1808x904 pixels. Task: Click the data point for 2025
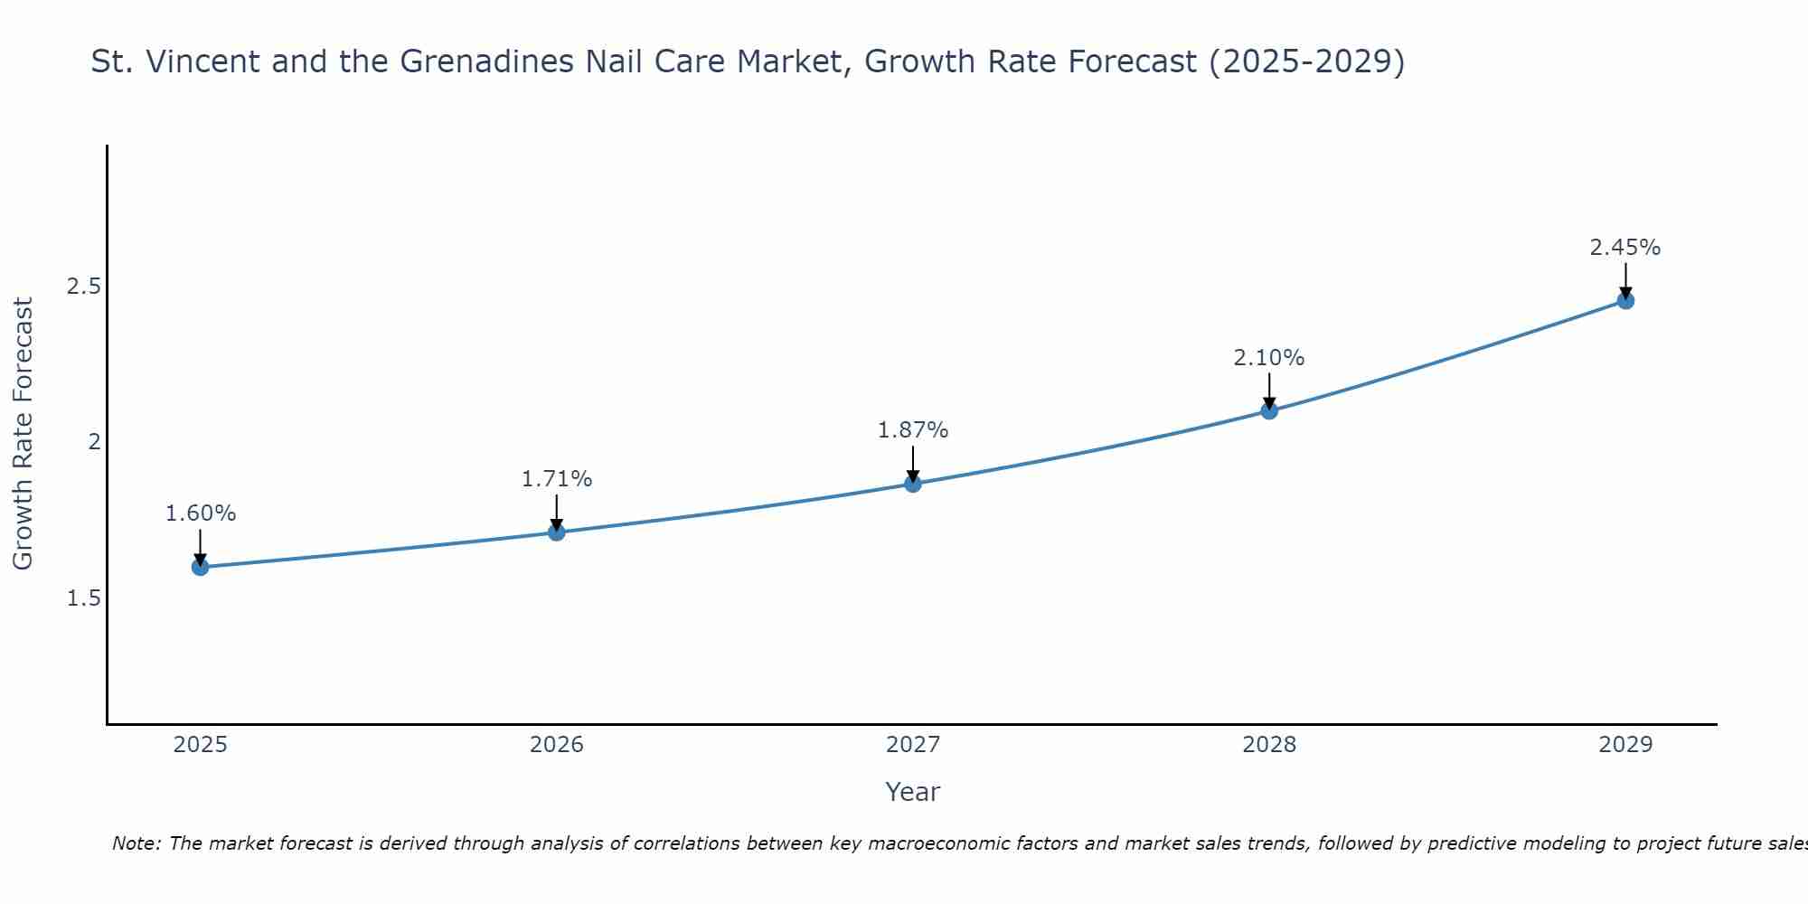pyautogui.click(x=200, y=567)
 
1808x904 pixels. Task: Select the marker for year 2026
pyautogui.click(x=556, y=532)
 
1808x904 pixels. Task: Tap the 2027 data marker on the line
pyautogui.click(x=912, y=484)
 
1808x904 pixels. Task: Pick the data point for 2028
pyautogui.click(x=1268, y=410)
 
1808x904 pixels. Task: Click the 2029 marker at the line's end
pyautogui.click(x=1624, y=300)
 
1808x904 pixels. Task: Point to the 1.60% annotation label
pyautogui.click(x=200, y=513)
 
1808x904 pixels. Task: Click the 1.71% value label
pyautogui.click(x=556, y=479)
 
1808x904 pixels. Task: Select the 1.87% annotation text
pyautogui.click(x=912, y=430)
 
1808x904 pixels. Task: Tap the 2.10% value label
pyautogui.click(x=1268, y=358)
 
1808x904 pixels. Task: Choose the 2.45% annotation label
pyautogui.click(x=1624, y=248)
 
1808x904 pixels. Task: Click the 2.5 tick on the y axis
pyautogui.click(x=83, y=287)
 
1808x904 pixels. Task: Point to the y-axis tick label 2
pyautogui.click(x=93, y=442)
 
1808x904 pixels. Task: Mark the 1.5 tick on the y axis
pyautogui.click(x=83, y=598)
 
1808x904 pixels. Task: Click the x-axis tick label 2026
pyautogui.click(x=556, y=745)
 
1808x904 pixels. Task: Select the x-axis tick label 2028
pyautogui.click(x=1268, y=745)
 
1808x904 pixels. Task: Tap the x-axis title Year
pyautogui.click(x=912, y=792)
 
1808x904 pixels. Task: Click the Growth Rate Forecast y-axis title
pyautogui.click(x=23, y=434)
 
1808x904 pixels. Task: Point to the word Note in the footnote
pyautogui.click(x=135, y=843)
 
